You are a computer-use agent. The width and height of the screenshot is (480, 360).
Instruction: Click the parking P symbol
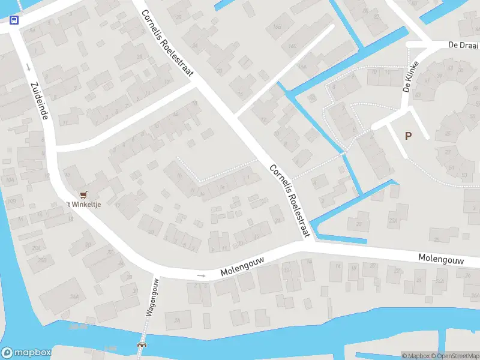[408, 136]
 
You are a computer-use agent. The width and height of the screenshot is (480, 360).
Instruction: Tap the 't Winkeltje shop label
[86, 205]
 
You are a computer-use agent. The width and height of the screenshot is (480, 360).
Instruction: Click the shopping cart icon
[83, 194]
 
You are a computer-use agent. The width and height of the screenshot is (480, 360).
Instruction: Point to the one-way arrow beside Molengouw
[201, 276]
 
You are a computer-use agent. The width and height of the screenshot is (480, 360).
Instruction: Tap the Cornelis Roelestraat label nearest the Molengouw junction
[290, 200]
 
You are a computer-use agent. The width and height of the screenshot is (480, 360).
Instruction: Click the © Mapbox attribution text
[418, 356]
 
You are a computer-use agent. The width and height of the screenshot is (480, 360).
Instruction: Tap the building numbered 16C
[293, 46]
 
